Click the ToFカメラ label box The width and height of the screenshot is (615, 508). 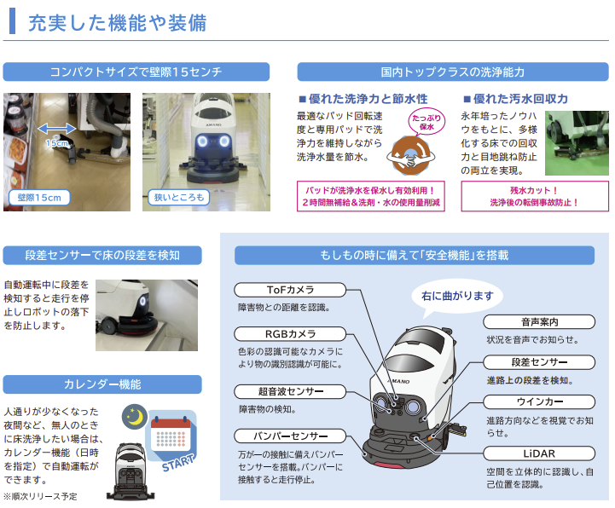click(290, 290)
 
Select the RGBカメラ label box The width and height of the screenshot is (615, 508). click(290, 334)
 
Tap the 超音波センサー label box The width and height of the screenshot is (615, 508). click(290, 391)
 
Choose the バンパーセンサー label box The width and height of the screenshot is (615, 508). click(290, 436)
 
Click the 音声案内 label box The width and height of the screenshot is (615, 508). click(539, 322)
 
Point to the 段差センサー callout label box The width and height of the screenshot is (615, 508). click(539, 362)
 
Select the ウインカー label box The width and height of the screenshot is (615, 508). click(539, 401)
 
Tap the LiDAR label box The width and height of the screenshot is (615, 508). click(539, 453)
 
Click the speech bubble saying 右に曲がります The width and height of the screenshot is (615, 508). click(457, 296)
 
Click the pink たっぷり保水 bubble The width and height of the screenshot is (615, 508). click(426, 122)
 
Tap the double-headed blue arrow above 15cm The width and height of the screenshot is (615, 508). click(56, 128)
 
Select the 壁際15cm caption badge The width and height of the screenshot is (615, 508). click(39, 197)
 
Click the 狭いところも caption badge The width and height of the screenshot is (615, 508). click(179, 197)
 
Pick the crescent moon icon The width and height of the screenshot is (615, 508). click(135, 417)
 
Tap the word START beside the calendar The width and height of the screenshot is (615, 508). click(178, 463)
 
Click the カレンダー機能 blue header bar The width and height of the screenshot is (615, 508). click(102, 384)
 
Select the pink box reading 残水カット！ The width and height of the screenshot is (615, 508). click(535, 196)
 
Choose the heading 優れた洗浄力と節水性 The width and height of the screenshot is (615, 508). click(363, 99)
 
